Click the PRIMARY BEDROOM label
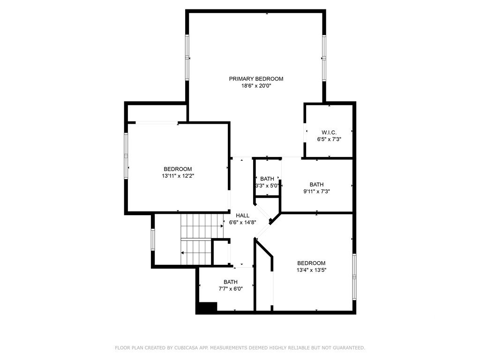tap(256, 79)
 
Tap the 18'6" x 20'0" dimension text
tap(256, 86)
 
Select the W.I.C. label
tap(329, 133)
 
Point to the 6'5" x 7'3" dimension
tap(329, 139)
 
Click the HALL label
tap(242, 216)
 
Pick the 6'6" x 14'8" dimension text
tap(242, 223)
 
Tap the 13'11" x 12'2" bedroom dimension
tap(178, 176)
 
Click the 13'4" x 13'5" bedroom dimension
tap(311, 270)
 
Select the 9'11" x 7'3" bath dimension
tap(316, 192)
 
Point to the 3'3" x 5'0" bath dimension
tap(267, 186)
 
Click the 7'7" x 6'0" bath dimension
tap(231, 289)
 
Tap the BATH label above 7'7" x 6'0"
tap(231, 282)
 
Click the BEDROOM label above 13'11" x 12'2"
tap(178, 169)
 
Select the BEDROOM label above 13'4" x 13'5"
tap(311, 263)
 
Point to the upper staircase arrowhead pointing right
tap(222, 226)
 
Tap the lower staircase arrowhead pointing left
tap(182, 253)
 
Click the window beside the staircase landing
tap(153, 240)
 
